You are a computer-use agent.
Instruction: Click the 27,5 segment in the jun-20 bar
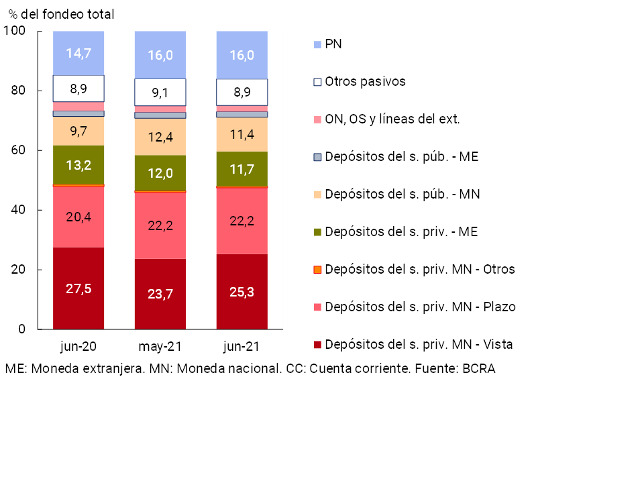[x=78, y=288]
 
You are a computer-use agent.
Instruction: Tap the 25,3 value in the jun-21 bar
[x=241, y=292]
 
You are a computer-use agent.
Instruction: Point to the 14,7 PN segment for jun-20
[x=78, y=53]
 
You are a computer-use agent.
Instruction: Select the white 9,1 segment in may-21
[x=160, y=92]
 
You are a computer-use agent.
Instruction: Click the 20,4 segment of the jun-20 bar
[x=78, y=216]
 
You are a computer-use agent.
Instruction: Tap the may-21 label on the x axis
[x=160, y=347]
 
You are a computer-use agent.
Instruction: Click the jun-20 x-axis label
[x=78, y=347]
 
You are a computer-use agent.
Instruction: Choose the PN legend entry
[x=333, y=44]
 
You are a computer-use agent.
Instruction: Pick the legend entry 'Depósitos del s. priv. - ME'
[x=401, y=232]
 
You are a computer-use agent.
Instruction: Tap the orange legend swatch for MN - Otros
[x=318, y=270]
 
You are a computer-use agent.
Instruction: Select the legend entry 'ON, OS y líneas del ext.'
[x=392, y=119]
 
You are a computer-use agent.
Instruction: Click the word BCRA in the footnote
[x=478, y=368]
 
